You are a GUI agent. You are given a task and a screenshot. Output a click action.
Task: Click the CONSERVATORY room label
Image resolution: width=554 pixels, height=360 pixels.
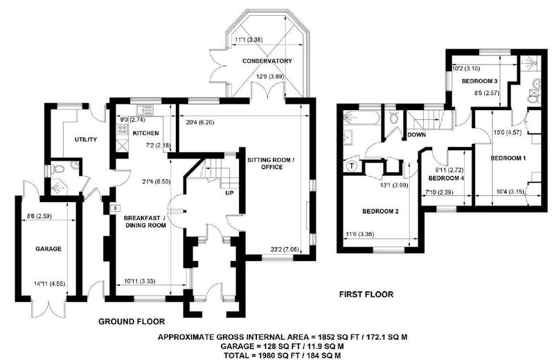pyautogui.click(x=267, y=61)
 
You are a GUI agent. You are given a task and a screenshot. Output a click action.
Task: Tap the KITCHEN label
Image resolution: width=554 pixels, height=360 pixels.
pyautogui.click(x=145, y=133)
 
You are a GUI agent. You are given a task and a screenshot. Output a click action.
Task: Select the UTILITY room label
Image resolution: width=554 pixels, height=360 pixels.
pyautogui.click(x=85, y=140)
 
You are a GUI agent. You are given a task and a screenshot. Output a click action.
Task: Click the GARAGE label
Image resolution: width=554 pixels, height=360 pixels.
pyautogui.click(x=48, y=249)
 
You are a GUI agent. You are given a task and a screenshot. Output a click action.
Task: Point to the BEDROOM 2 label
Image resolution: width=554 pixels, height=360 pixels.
pyautogui.click(x=380, y=211)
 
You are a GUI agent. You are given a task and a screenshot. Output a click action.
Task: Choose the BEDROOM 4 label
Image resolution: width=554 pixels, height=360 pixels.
pyautogui.click(x=446, y=179)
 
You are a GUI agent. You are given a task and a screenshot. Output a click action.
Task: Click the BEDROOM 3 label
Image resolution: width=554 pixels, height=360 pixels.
pyautogui.click(x=479, y=81)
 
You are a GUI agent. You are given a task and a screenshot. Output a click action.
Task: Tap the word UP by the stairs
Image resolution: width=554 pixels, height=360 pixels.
pyautogui.click(x=230, y=193)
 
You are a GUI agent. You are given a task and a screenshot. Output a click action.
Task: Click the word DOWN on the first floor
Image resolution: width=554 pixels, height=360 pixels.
pyautogui.click(x=417, y=134)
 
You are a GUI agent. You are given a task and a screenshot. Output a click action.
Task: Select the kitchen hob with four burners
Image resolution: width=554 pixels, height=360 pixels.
pyautogui.click(x=123, y=129)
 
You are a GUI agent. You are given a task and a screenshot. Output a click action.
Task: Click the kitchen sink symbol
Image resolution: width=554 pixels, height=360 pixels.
pyautogui.click(x=145, y=110)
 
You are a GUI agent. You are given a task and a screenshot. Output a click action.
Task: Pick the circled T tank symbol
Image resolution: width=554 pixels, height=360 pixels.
pyautogui.click(x=352, y=165)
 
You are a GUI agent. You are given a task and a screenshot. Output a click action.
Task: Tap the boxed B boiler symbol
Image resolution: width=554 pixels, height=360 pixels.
pyautogui.click(x=114, y=209)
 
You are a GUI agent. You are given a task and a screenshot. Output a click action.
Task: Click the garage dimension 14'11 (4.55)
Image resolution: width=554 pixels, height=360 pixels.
pyautogui.click(x=49, y=283)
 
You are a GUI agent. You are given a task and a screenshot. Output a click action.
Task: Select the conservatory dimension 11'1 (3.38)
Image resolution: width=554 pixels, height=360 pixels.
pyautogui.click(x=249, y=40)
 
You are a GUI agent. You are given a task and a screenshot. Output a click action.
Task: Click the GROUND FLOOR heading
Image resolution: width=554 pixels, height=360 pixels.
pyautogui.click(x=132, y=321)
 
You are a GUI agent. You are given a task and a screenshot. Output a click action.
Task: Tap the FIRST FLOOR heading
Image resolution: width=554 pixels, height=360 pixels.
pyautogui.click(x=366, y=294)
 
